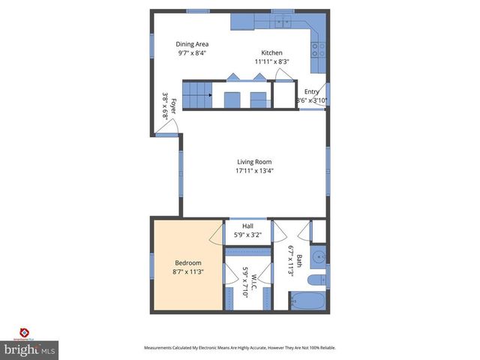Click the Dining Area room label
192,44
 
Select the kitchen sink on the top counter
282,22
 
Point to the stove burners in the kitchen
316,49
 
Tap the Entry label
311,91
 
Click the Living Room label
254,162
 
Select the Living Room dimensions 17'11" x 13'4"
254,171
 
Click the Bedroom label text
188,262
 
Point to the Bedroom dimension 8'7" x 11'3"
188,271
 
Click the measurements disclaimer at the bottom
240,348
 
